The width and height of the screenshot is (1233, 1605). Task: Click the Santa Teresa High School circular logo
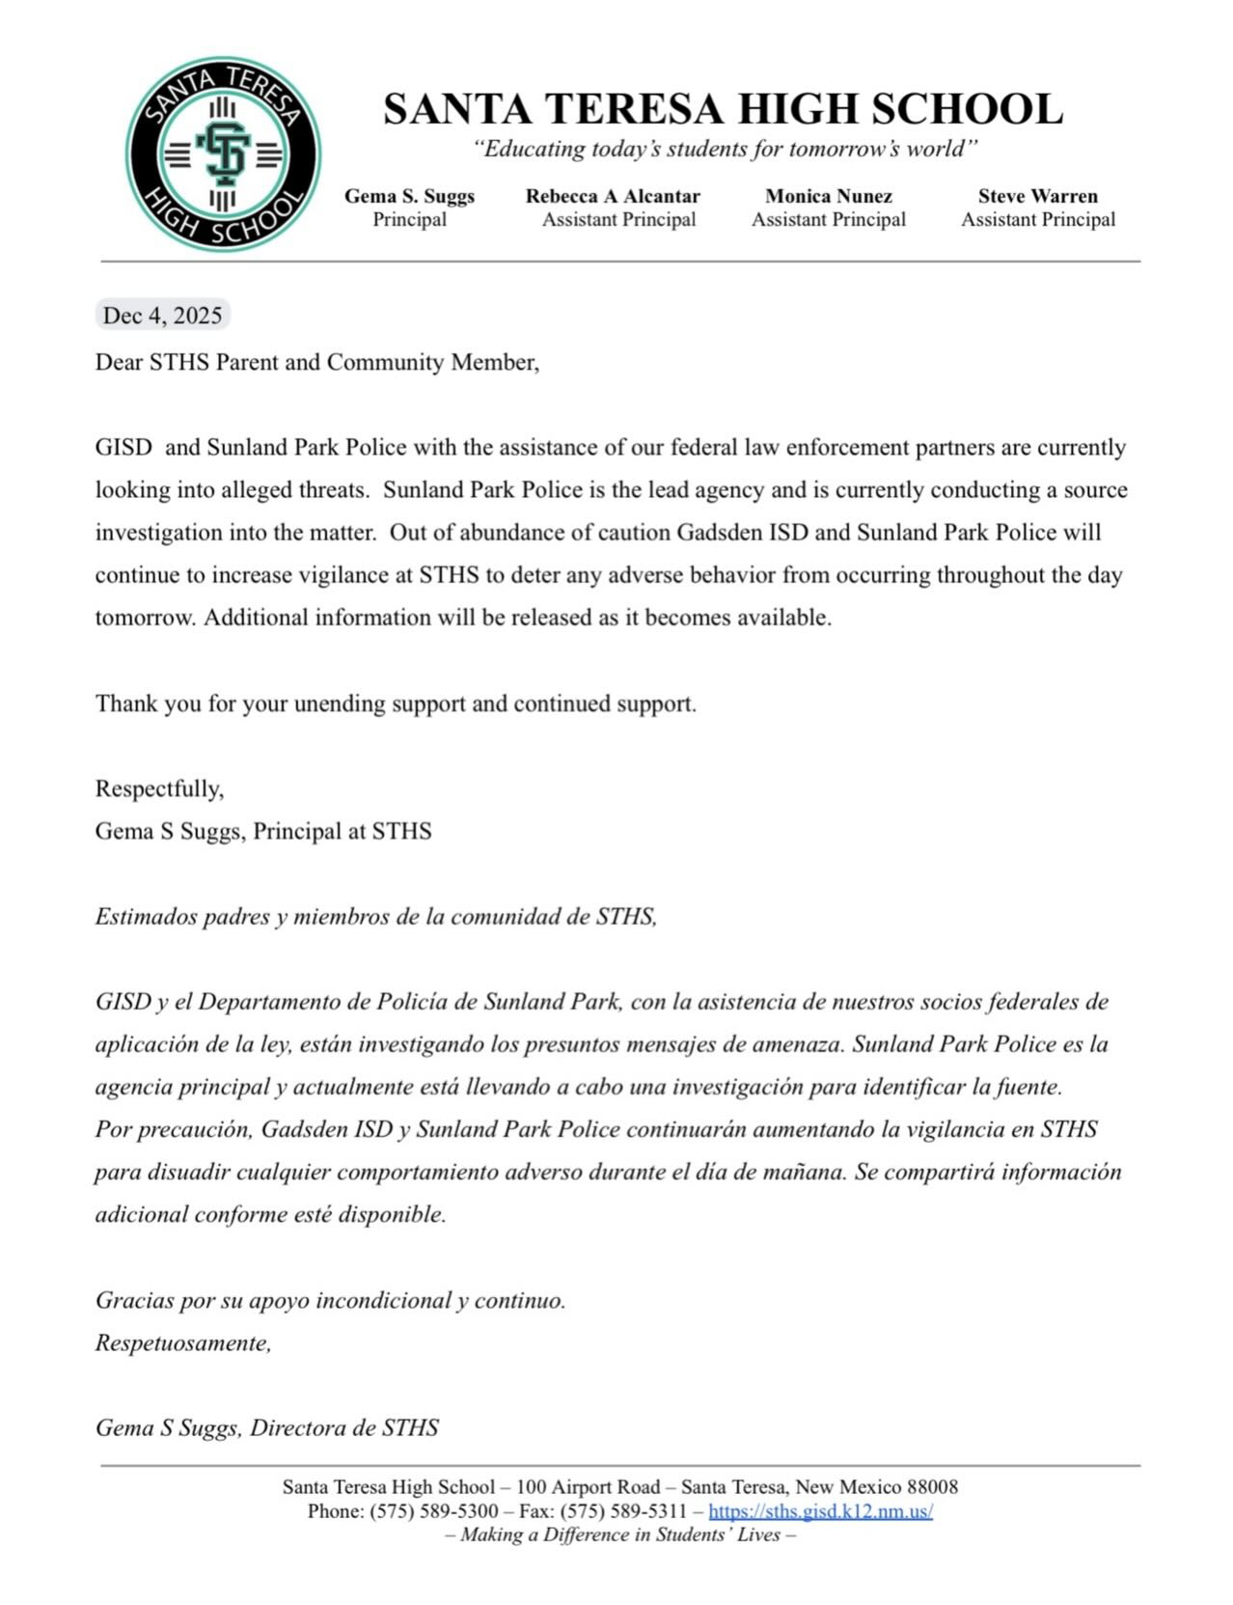tap(223, 154)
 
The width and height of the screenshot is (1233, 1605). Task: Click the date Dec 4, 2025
tap(162, 316)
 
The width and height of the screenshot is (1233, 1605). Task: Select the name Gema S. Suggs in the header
tap(409, 196)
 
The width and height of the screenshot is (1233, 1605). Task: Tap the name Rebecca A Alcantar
tap(613, 196)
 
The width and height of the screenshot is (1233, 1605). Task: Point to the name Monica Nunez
tap(829, 196)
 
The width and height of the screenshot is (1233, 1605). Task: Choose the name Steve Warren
tap(1037, 196)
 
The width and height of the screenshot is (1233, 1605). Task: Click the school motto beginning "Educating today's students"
tap(724, 149)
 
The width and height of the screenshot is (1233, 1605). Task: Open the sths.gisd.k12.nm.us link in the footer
tap(820, 1511)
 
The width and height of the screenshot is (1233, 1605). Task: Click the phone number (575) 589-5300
tap(434, 1511)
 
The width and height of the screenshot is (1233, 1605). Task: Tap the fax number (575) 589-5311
tap(623, 1511)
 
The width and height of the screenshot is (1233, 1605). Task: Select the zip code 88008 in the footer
tap(932, 1487)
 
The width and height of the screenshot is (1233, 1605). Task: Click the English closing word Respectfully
tap(159, 789)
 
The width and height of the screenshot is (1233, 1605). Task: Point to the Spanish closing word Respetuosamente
tap(182, 1342)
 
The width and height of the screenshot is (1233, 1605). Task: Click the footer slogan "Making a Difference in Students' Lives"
tap(620, 1535)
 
